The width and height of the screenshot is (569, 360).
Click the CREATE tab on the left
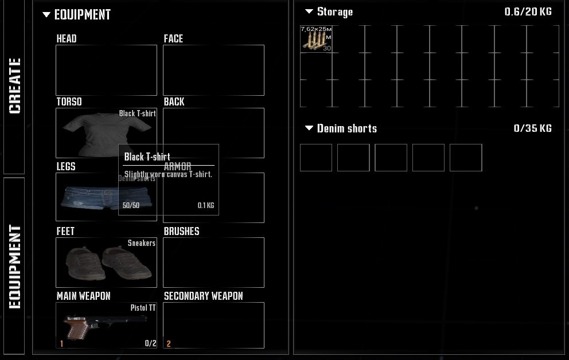14,86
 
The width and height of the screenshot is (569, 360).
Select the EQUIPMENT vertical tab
14,267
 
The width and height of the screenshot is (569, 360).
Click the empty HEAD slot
106,70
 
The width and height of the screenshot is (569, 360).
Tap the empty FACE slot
213,70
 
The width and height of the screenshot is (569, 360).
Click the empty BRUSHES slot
213,262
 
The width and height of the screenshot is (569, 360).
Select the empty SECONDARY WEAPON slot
213,325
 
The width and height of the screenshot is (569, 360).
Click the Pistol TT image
86,327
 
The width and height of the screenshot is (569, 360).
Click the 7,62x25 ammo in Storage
315,39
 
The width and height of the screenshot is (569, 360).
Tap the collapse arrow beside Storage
309,11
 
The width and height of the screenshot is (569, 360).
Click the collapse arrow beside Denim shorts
309,128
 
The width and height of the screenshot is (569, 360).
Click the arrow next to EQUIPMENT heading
46,15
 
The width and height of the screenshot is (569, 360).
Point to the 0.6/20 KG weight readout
528,11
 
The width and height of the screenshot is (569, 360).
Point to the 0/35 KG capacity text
532,128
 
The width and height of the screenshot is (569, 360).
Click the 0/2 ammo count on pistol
150,343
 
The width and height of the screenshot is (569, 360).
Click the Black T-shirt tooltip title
147,156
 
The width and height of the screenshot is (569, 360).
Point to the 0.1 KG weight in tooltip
205,205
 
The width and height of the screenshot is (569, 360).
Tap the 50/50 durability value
131,205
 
